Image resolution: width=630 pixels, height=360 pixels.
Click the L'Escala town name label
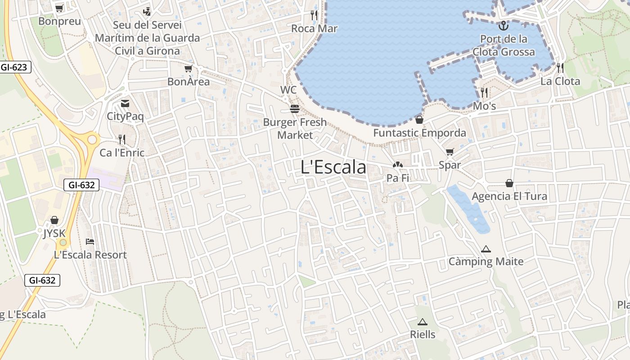pos(333,167)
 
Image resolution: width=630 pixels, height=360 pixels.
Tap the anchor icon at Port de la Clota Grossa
pos(503,25)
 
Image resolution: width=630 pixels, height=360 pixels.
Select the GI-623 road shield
pos(15,67)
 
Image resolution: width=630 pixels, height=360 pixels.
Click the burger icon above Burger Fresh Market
pos(295,109)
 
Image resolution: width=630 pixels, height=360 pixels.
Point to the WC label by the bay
pos(288,90)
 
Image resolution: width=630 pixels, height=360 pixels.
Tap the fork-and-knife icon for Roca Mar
pos(314,15)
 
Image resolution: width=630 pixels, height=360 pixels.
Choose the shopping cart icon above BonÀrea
pos(189,69)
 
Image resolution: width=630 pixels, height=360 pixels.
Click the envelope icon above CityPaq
pos(125,103)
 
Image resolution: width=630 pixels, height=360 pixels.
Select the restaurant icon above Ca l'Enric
pos(122,139)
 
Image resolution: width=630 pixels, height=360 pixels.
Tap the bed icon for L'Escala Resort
pos(90,241)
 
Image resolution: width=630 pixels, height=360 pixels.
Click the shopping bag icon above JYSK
pos(54,220)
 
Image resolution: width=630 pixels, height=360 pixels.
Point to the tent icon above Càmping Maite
pos(486,249)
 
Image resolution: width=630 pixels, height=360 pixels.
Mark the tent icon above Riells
pos(422,322)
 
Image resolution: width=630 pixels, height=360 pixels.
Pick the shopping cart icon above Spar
pos(450,152)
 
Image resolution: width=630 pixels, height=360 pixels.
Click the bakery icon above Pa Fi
pos(397,165)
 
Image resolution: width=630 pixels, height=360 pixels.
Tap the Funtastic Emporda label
pos(419,133)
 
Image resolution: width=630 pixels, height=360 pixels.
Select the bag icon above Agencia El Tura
pos(509,183)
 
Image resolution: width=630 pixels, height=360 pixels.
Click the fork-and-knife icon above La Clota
pos(560,68)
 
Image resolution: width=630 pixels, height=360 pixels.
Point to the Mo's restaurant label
pos(484,106)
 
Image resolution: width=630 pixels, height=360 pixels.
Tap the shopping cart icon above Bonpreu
pos(59,8)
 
